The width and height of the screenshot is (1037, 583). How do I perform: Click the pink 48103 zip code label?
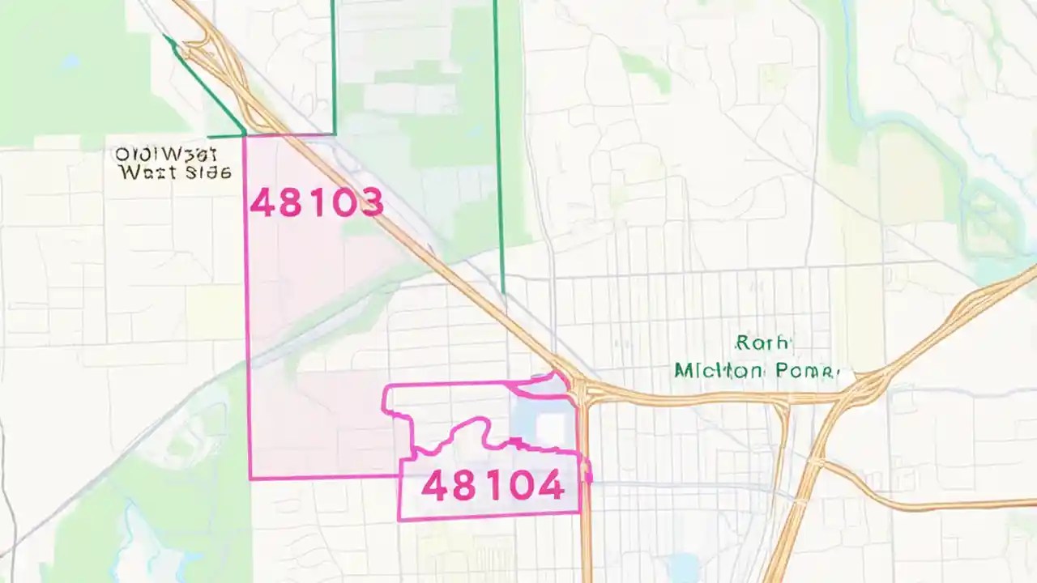click(316, 202)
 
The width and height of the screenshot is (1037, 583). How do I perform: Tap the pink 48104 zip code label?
click(493, 486)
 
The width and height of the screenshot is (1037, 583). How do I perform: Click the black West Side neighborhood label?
click(173, 163)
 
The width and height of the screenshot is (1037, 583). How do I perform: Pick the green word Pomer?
click(804, 371)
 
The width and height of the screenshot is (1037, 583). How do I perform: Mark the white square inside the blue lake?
click(552, 428)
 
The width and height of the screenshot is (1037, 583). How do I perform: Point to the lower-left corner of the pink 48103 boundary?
click(250, 478)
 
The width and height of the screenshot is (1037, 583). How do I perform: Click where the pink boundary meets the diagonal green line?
click(245, 134)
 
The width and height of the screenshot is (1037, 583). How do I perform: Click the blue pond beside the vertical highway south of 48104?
click(685, 564)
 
